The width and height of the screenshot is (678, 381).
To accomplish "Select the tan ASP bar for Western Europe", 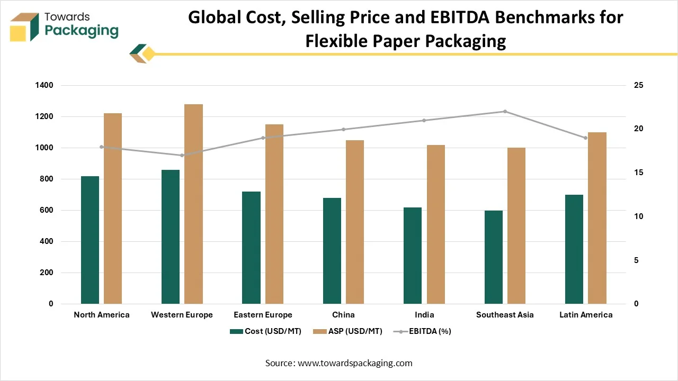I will point(193,204).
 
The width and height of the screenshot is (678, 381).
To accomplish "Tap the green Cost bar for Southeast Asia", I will point(493,257).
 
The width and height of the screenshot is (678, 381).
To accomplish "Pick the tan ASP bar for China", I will point(355,222).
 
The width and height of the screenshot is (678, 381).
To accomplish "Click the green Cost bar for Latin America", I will point(574,249).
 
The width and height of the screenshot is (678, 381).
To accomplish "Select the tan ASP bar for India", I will point(436,224).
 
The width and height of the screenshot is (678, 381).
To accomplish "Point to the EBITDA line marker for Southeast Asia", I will point(505,112).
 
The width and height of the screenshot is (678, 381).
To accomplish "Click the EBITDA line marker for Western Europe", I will point(182,155).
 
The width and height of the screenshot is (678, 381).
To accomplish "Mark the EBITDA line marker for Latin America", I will point(585,138).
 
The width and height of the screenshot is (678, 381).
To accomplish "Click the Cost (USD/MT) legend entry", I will point(266,331).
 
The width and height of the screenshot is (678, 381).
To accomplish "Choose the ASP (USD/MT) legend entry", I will point(347,331).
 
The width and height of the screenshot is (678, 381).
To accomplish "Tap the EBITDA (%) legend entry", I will point(422,331).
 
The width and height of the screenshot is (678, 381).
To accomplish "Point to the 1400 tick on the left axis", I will point(45,85).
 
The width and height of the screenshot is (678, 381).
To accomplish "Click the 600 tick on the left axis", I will point(47,210).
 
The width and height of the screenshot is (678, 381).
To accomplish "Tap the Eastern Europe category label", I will point(263,315).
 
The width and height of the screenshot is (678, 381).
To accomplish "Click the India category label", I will point(424,315).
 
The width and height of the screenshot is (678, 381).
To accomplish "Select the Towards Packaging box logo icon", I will point(25,28).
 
